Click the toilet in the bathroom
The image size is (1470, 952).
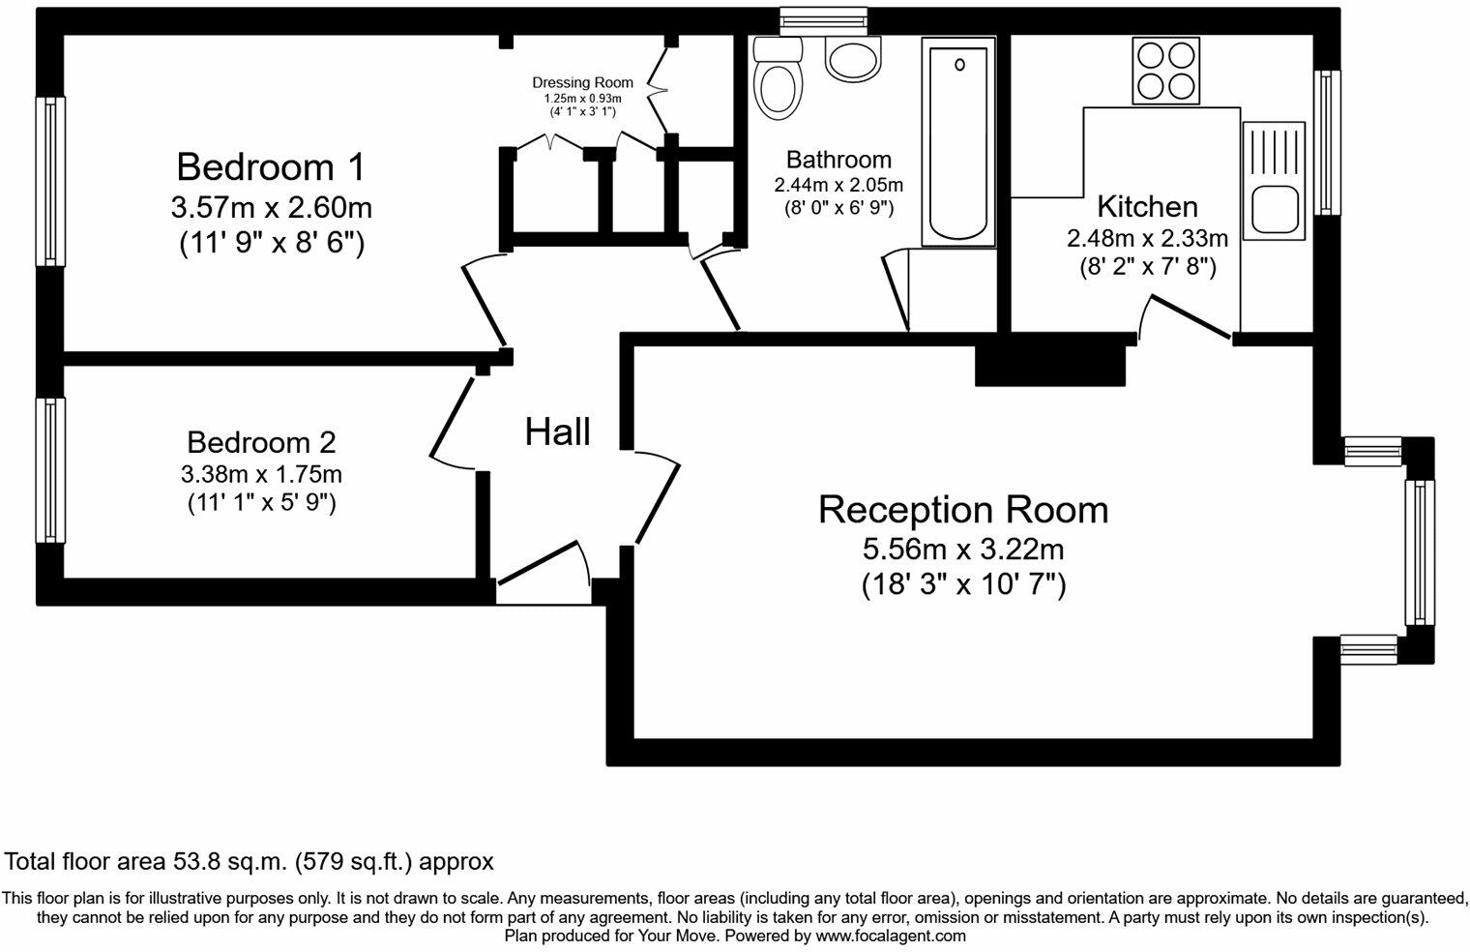pos(779,77)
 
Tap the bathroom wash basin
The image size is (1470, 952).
pos(852,59)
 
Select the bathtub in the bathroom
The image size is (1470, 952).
pos(958,142)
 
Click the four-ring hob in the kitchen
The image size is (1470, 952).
pos(1166,71)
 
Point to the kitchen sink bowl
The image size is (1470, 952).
pos(1275,210)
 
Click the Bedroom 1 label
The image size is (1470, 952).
pos(271,166)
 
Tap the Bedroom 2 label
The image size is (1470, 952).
pos(261,442)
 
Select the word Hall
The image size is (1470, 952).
pos(558,432)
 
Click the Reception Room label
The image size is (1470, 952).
pos(963,510)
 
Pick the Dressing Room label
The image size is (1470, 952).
pos(583,83)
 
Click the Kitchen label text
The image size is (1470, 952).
pos(1148,207)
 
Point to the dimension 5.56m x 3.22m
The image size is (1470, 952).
pos(963,549)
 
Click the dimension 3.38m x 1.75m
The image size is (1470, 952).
pos(261,473)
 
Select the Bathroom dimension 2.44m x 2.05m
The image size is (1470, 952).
pos(838,185)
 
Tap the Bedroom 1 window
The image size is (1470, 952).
pos(50,182)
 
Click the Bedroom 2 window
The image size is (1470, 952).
pos(50,471)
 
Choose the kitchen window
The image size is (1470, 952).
pos(1327,142)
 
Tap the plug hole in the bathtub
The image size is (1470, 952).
pos(959,65)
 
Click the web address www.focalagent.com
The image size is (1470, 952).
pos(891,936)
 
